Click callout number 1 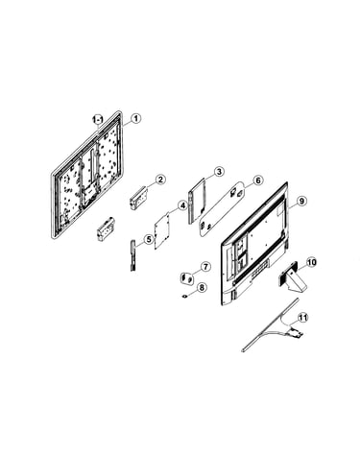pos(136,119)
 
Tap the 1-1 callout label pos(97,120)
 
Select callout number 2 pos(160,180)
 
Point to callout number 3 pos(219,172)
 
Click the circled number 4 pos(182,205)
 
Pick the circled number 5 pos(149,239)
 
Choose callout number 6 pos(258,180)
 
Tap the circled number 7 pos(205,266)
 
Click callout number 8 pos(202,288)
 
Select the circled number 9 pos(301,201)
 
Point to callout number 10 pos(311,263)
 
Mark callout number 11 pos(302,318)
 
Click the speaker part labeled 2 pos(138,199)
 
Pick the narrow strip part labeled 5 pos(133,255)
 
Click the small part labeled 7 pos(187,277)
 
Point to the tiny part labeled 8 pos(184,296)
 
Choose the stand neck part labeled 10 pos(292,276)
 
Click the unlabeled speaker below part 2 pos(106,228)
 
